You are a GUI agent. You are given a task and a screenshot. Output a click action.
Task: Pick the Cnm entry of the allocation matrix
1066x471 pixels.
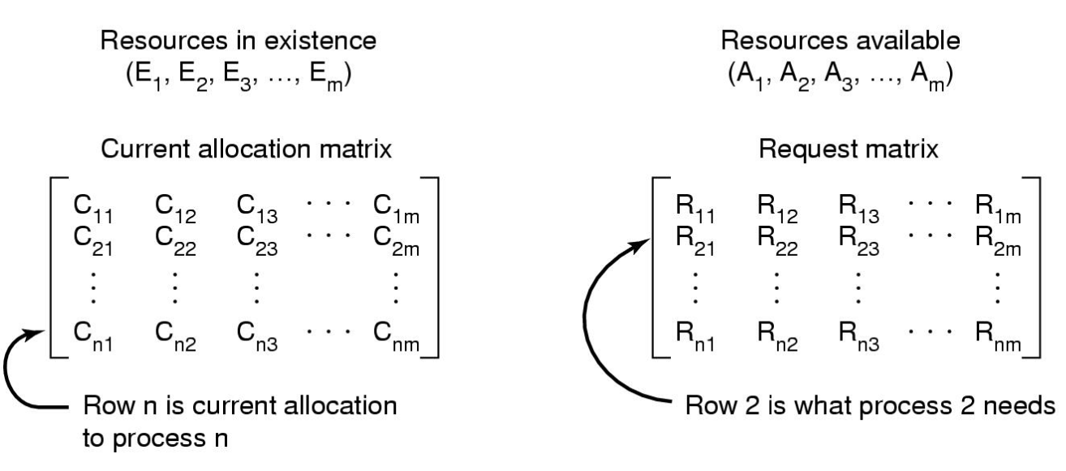coord(400,339)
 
